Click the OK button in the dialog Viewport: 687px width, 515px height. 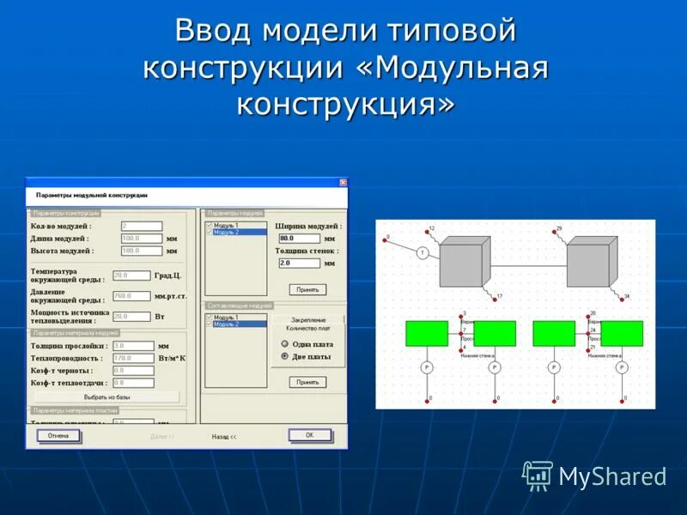coord(310,435)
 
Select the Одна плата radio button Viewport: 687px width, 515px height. coord(284,343)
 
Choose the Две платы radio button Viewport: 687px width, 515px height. coord(284,356)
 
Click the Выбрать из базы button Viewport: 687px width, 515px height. coord(107,397)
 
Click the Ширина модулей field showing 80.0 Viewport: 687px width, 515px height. coord(299,239)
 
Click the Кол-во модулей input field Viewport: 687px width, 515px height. coord(142,227)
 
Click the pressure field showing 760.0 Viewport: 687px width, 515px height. coord(132,296)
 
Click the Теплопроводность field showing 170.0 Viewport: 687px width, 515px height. coord(132,358)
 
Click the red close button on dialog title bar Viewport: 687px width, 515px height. coord(343,183)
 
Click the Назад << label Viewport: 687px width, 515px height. coord(224,436)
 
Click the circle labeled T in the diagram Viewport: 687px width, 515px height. coord(423,252)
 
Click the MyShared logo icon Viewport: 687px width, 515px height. coord(538,475)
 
